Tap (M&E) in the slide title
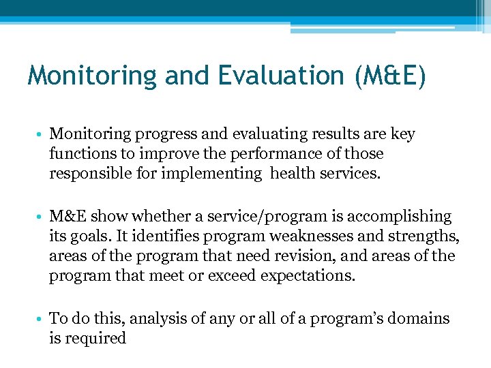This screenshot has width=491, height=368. (390, 75)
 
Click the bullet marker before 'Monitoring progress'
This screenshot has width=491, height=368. (41, 135)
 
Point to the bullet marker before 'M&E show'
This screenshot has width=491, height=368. (41, 217)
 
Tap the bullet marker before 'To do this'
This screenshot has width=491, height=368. (41, 319)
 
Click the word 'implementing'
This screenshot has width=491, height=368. (211, 172)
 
